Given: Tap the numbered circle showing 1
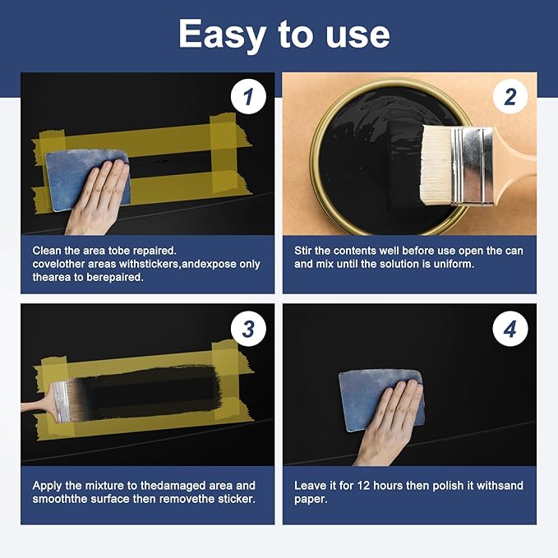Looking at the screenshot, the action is point(248,96).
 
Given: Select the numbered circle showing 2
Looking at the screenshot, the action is point(510,96).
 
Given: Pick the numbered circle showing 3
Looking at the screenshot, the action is point(248,329).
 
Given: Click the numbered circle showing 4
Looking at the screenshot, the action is point(510,329).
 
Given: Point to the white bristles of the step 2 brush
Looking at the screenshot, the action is point(436,165).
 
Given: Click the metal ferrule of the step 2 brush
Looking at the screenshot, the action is point(472,167).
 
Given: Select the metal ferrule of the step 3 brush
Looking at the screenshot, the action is point(61,402).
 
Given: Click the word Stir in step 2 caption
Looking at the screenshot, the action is point(303,251).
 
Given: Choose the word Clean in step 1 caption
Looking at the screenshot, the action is point(47,251).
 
